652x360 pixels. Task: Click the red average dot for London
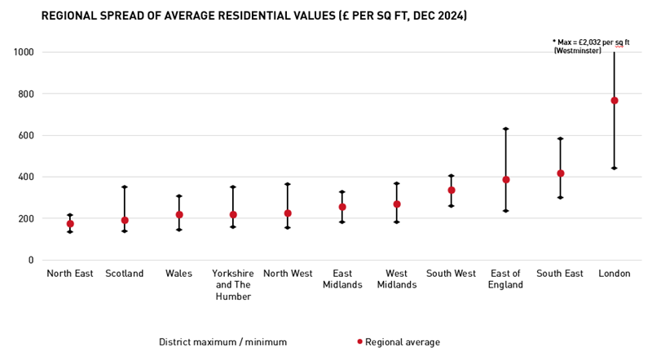click(x=615, y=100)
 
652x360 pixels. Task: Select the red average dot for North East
click(x=70, y=223)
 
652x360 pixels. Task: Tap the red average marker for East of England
click(x=506, y=179)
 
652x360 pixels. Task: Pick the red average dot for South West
click(x=452, y=190)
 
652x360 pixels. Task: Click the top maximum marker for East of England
click(x=506, y=129)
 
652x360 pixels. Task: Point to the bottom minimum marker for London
click(x=615, y=168)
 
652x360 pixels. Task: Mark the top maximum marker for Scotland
click(x=125, y=187)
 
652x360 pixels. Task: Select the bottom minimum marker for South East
click(x=560, y=197)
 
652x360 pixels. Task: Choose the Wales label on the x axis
click(x=178, y=274)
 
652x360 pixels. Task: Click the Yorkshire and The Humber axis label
click(x=233, y=285)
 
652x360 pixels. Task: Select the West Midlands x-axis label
click(x=397, y=279)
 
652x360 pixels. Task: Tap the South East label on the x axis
click(x=560, y=274)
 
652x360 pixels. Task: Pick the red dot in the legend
click(x=359, y=342)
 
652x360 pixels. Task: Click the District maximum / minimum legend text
click(x=222, y=342)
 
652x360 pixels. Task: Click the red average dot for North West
click(x=288, y=213)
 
